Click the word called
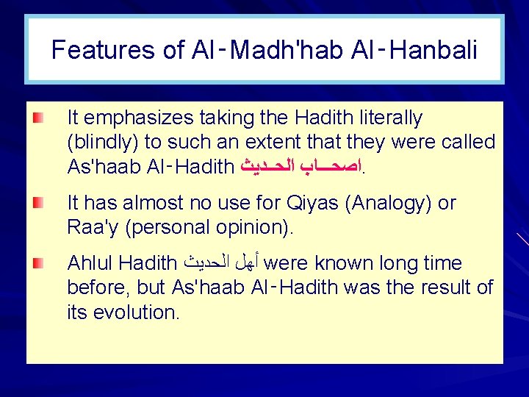466,142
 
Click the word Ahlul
90,263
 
